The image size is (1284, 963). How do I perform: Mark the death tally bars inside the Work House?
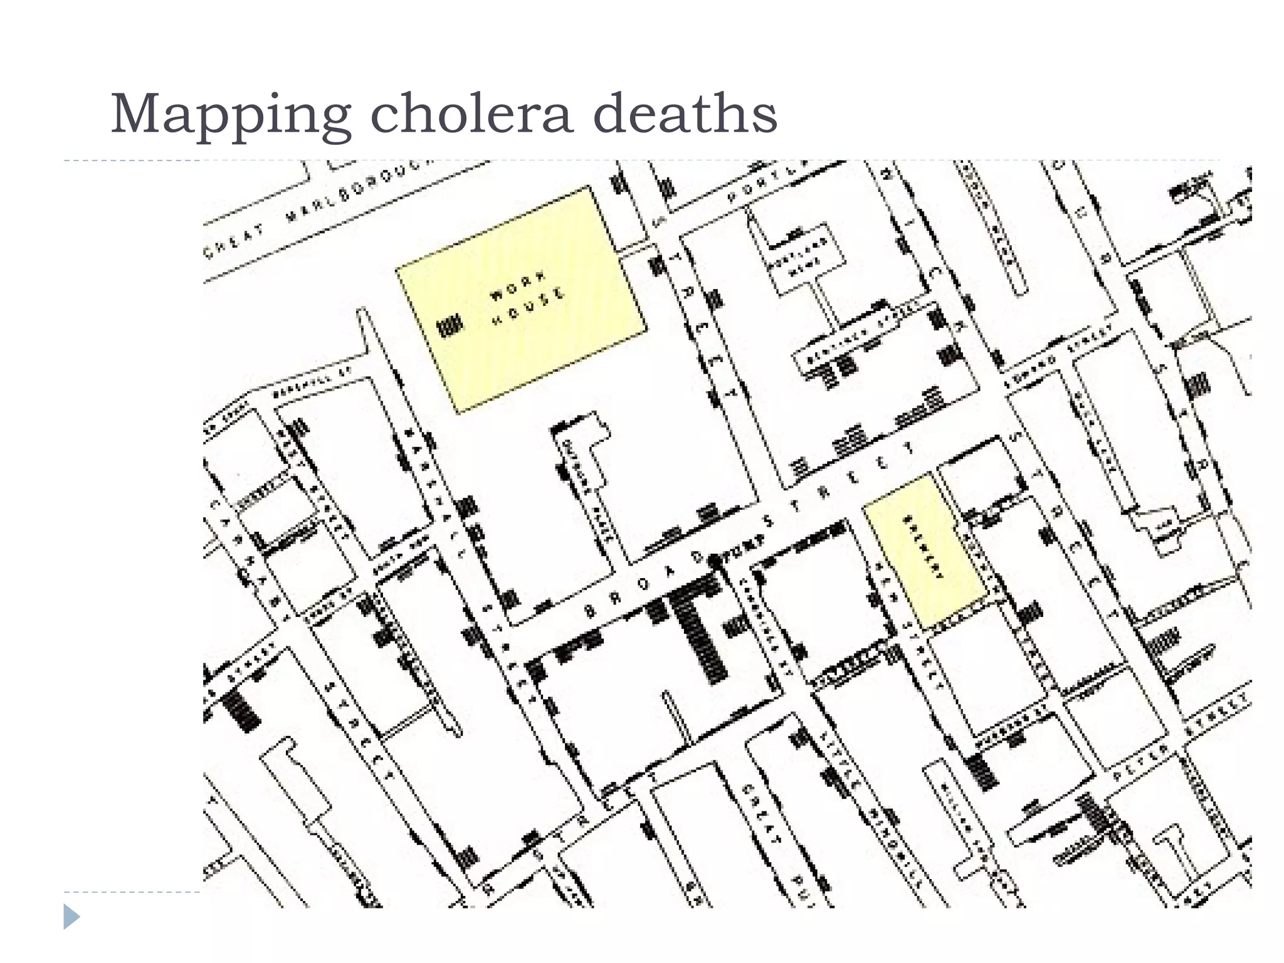[449, 325]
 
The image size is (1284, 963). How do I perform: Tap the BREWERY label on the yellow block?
[923, 547]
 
